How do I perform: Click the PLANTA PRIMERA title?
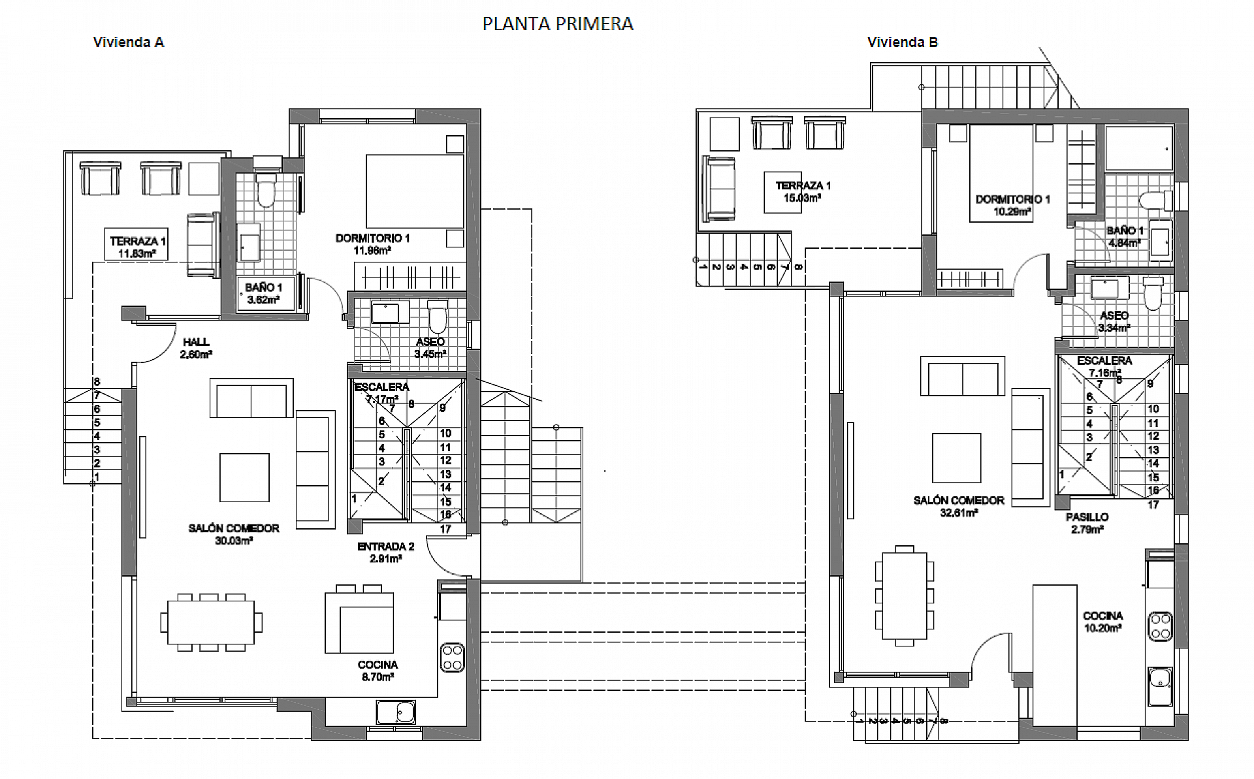tap(558, 24)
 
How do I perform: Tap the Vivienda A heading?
tap(129, 42)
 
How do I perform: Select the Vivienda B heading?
tap(903, 42)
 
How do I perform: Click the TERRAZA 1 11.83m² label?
tap(137, 247)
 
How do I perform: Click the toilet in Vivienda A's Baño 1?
tap(266, 190)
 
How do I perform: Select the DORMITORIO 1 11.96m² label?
tap(372, 244)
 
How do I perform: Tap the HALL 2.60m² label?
tap(196, 348)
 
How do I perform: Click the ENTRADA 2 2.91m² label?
tap(385, 552)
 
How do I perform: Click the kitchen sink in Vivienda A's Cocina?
tap(396, 712)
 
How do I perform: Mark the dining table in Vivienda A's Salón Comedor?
tap(211, 622)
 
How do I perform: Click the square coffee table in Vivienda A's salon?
tap(244, 477)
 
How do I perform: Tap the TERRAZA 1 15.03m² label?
tap(803, 191)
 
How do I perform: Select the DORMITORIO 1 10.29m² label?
tap(1012, 205)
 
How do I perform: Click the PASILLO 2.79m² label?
tap(1087, 523)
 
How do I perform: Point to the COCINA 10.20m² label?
tap(1102, 622)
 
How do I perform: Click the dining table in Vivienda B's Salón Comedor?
tap(905, 596)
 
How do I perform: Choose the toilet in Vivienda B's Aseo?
tap(1153, 294)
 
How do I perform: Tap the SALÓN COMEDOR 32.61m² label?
tap(959, 507)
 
